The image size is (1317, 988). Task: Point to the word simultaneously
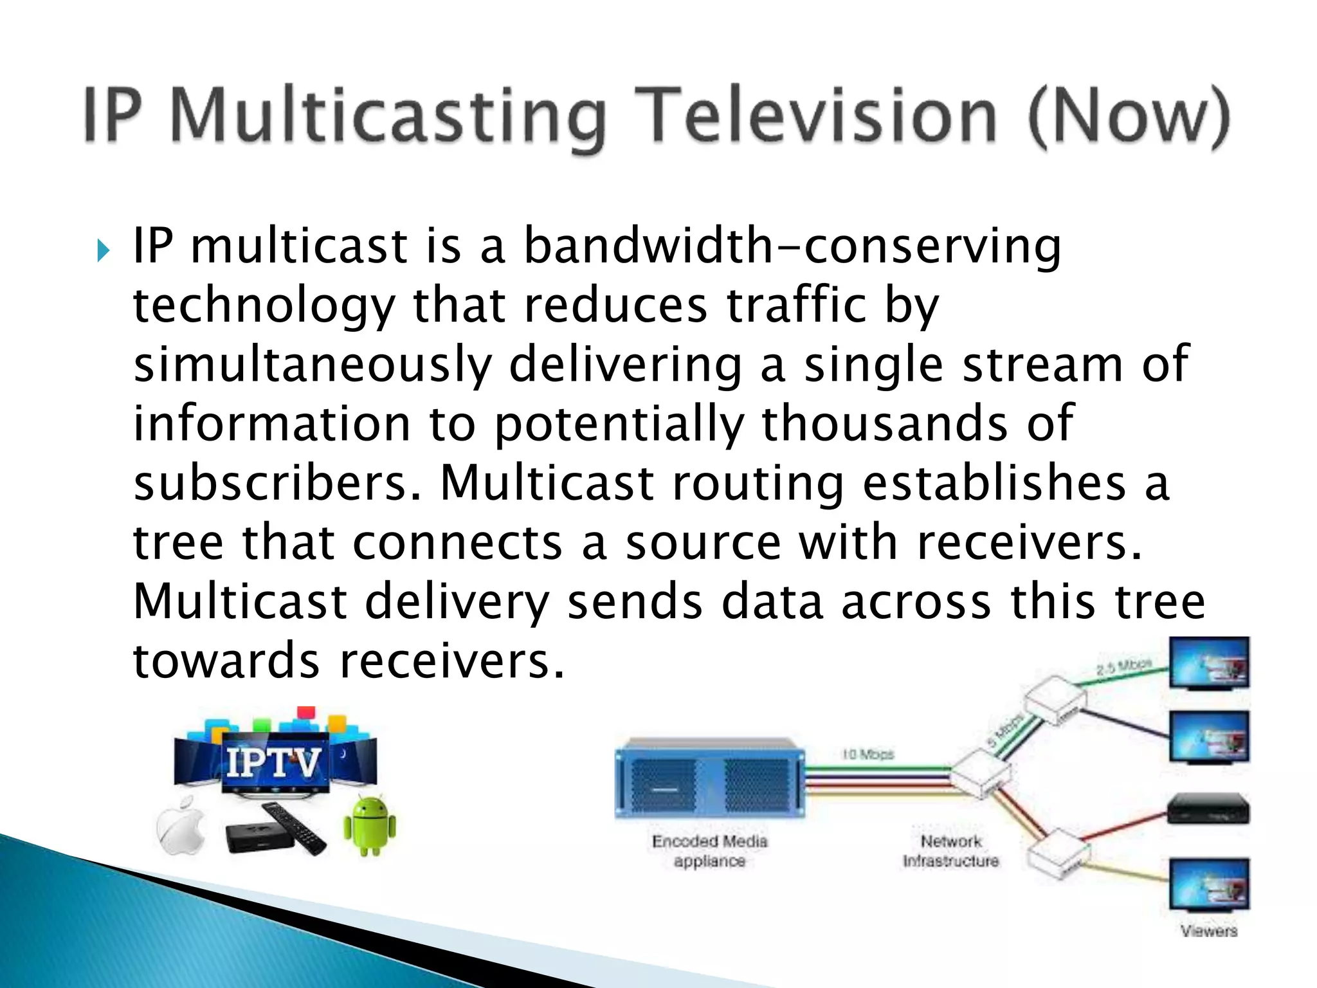pos(312,365)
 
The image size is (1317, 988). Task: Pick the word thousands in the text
pos(884,424)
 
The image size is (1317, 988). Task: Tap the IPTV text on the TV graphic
pos(273,764)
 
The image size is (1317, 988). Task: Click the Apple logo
pos(181,826)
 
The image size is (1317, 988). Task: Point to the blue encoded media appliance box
pos(709,778)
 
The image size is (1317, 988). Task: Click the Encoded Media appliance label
pos(709,851)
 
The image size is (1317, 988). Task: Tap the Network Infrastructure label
pos(950,851)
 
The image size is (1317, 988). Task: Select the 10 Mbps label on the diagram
pos(867,754)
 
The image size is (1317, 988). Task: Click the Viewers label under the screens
pos(1208,931)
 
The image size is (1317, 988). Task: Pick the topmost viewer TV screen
pos(1208,663)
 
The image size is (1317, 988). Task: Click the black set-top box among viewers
pos(1208,809)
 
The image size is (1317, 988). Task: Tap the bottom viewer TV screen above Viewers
pos(1208,884)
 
